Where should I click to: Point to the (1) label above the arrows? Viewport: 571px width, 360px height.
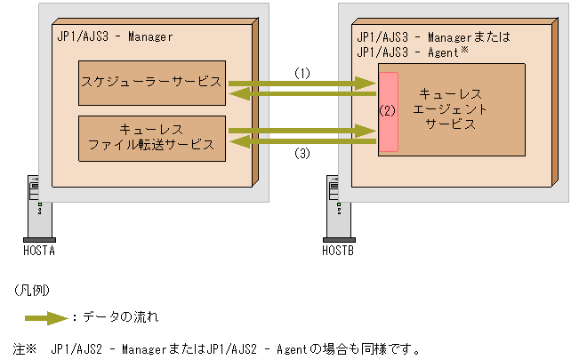(302, 74)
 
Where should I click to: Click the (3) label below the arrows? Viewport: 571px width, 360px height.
(302, 153)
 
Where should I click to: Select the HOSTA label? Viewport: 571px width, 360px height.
(40, 252)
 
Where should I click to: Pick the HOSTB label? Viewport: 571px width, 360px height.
(337, 252)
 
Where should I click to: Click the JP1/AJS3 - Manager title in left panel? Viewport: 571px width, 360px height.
(113, 36)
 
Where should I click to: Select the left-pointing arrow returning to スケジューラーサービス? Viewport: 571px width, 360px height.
(302, 93)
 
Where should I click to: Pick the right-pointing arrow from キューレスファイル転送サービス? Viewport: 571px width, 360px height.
(302, 131)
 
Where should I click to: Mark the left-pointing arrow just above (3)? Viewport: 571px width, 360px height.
(302, 140)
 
